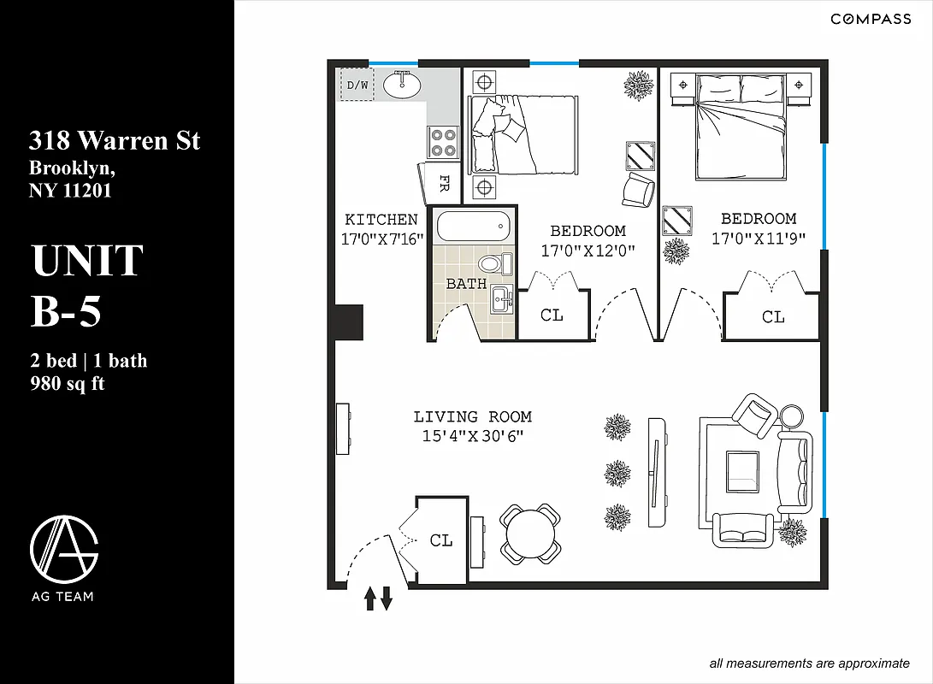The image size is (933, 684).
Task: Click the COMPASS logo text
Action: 871,20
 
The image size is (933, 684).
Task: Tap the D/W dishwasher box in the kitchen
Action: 357,85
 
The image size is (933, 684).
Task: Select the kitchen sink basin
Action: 400,85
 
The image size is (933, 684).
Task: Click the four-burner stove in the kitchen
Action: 443,142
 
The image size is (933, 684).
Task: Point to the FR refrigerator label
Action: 444,183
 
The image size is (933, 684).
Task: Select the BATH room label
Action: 466,284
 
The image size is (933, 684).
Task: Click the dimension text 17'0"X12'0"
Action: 588,251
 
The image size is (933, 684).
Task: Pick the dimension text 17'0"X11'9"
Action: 759,239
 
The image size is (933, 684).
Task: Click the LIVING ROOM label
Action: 472,417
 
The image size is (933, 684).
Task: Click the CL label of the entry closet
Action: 441,540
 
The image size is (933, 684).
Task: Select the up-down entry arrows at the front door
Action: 378,598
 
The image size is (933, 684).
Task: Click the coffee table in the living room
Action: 741,470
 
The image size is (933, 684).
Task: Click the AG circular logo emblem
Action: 64,546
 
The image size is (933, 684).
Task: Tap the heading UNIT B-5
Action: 86,286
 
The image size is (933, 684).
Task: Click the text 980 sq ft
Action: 67,383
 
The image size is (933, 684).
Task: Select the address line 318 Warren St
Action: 115,139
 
